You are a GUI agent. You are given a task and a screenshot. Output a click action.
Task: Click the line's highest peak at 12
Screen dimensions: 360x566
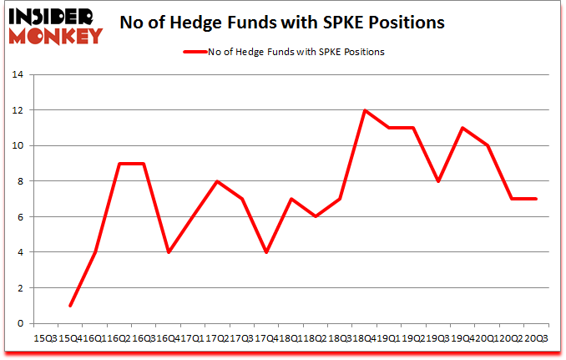(365, 110)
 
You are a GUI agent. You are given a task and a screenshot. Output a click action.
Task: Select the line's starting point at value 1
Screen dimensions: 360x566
(70, 306)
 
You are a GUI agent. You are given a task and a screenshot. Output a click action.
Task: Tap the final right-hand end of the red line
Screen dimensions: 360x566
(536, 199)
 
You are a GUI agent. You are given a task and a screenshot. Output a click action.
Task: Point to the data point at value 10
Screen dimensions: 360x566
(487, 145)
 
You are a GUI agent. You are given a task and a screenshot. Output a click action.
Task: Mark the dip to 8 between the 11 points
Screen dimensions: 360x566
(438, 181)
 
